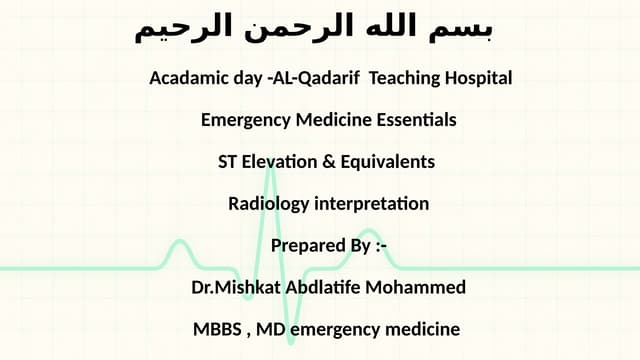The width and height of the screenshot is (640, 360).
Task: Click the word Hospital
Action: tap(477, 78)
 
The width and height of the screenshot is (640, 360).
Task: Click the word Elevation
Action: tap(279, 162)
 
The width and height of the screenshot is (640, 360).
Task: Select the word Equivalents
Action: tap(387, 162)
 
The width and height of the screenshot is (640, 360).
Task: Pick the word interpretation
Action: tap(371, 204)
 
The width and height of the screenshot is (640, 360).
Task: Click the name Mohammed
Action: tap(419, 288)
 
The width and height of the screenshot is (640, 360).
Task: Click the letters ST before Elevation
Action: tap(228, 162)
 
